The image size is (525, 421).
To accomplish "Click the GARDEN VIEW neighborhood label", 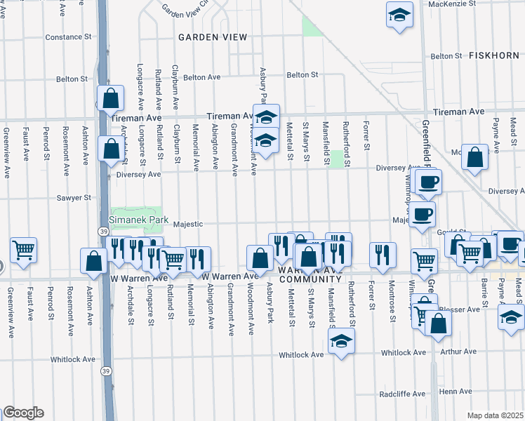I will (x=212, y=36).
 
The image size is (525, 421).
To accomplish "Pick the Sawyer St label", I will (x=74, y=198).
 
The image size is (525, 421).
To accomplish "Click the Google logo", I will (x=22, y=413).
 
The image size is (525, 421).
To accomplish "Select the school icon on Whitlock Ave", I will (x=341, y=341).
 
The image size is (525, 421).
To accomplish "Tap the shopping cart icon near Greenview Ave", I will (x=23, y=249).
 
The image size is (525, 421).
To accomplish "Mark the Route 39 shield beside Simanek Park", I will (x=102, y=230).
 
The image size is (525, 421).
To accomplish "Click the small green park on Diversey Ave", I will (x=338, y=159).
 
